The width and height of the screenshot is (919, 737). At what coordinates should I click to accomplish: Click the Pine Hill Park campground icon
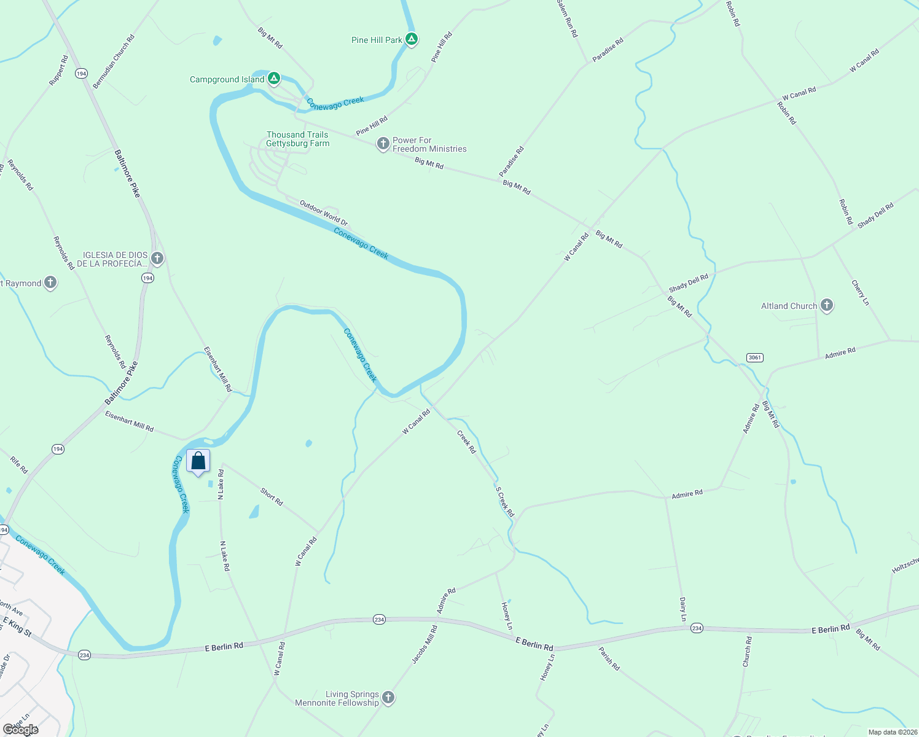pos(412,39)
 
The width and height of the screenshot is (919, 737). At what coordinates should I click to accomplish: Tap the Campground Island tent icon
pos(274,79)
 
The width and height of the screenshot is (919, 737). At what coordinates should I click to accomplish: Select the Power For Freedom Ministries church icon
pos(383,144)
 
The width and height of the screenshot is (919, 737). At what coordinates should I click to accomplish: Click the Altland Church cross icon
pos(827,305)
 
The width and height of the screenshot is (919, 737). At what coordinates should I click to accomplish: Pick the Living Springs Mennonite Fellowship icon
pos(388,698)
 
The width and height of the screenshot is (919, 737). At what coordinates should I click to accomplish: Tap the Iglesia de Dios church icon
pos(157,259)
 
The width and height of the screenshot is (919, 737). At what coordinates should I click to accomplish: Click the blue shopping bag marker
pos(198,462)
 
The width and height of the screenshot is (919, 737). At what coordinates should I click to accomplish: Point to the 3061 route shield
pos(754,357)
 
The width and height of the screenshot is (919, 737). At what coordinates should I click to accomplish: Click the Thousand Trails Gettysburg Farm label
pos(298,139)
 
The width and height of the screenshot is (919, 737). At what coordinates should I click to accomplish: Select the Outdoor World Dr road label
pos(324,213)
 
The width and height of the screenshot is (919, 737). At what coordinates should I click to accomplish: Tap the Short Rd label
pos(272,497)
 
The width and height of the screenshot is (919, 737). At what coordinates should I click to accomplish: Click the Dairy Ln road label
pos(682,609)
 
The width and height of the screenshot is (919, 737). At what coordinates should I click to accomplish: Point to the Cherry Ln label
pos(860,293)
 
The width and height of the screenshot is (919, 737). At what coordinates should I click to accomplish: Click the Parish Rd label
pos(609,658)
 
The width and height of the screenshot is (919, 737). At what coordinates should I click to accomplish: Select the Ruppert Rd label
pos(59,71)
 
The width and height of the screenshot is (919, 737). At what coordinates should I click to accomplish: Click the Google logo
pos(21,730)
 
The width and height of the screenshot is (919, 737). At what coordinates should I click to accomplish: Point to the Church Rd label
pos(747,652)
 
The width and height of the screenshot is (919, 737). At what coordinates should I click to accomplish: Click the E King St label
pos(17,627)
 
